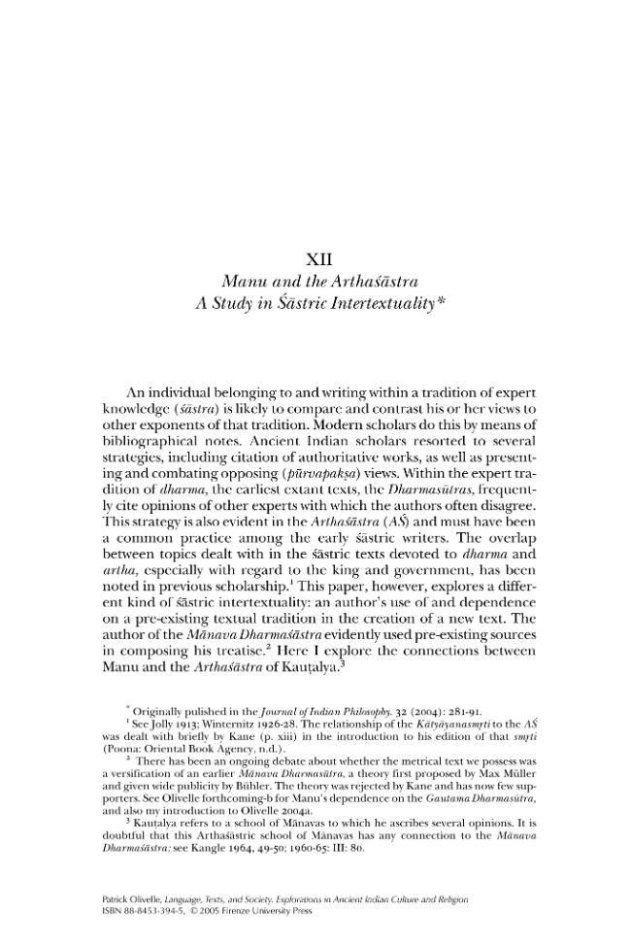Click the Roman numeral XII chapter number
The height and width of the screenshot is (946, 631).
click(x=319, y=258)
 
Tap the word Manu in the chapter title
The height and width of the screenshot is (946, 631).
click(x=247, y=281)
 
